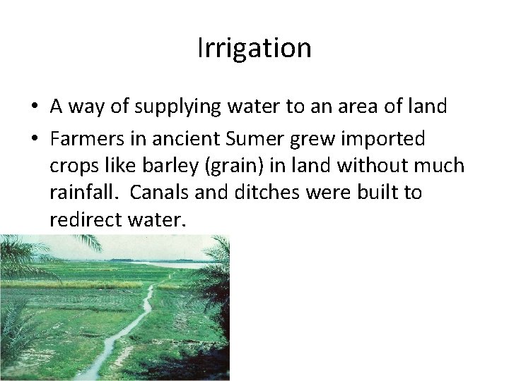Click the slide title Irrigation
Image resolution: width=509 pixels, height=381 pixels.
click(x=254, y=48)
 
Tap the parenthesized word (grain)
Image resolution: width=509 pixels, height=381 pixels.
click(x=225, y=166)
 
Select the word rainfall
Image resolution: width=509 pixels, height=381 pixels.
click(x=82, y=192)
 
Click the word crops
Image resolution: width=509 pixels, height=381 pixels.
click(x=72, y=167)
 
